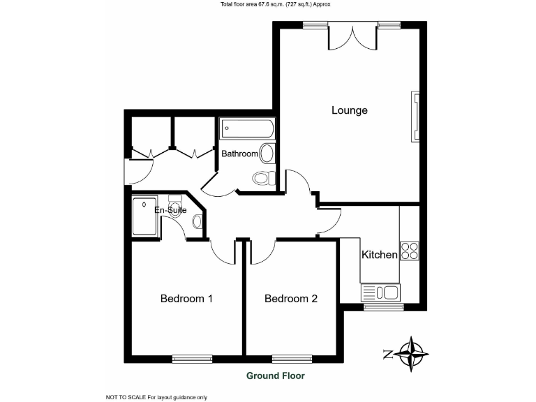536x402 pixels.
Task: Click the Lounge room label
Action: pyautogui.click(x=349, y=110)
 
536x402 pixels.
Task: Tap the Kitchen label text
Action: pyautogui.click(x=379, y=255)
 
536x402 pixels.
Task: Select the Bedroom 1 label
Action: pyautogui.click(x=186, y=299)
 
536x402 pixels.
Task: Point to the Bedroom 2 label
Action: pyautogui.click(x=291, y=299)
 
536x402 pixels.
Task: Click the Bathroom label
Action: pyautogui.click(x=239, y=154)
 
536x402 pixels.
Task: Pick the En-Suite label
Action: pyautogui.click(x=170, y=210)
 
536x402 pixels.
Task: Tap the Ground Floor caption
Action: pyautogui.click(x=275, y=375)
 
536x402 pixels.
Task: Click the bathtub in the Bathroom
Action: pyautogui.click(x=247, y=129)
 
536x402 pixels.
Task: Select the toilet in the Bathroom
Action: pyautogui.click(x=262, y=178)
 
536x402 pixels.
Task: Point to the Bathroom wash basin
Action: pyautogui.click(x=267, y=153)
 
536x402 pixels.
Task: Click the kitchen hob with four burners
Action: pyautogui.click(x=409, y=251)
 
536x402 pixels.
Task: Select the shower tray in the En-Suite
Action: pyautogui.click(x=145, y=216)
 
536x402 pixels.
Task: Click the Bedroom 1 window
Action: pyautogui.click(x=191, y=359)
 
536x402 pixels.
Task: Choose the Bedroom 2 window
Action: pyautogui.click(x=291, y=359)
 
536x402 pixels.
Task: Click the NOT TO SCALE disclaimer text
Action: pyautogui.click(x=156, y=397)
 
